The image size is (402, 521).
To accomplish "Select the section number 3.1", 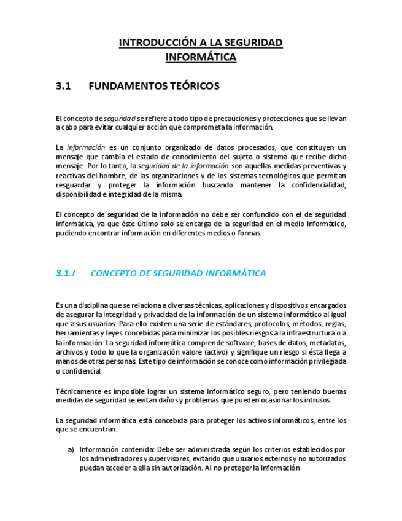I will point(64,86).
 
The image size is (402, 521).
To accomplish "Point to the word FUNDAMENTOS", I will point(127,86).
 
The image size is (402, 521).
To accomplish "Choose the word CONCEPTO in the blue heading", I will point(114,273).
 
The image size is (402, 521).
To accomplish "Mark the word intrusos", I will point(317,401).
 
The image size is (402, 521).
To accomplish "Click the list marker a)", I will point(71,449).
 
